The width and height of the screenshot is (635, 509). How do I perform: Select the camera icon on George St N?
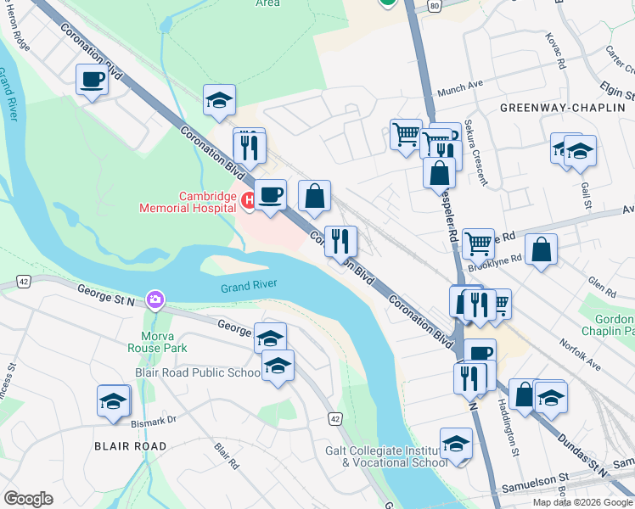(155, 299)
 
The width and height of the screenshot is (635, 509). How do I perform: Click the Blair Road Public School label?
(198, 372)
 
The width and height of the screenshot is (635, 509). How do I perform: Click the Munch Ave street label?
(459, 93)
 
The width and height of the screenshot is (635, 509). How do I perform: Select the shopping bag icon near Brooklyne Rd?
(541, 249)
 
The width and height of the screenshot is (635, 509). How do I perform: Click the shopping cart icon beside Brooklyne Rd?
(479, 243)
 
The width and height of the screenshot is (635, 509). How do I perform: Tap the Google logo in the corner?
(29, 498)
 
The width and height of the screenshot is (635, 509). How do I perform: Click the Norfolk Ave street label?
(580, 355)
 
